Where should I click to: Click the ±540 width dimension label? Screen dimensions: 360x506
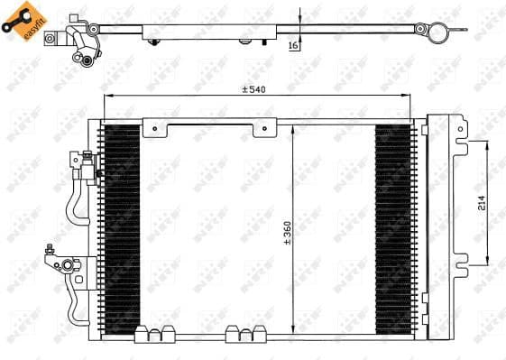256,89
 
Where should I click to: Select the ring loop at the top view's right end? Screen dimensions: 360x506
439,31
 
